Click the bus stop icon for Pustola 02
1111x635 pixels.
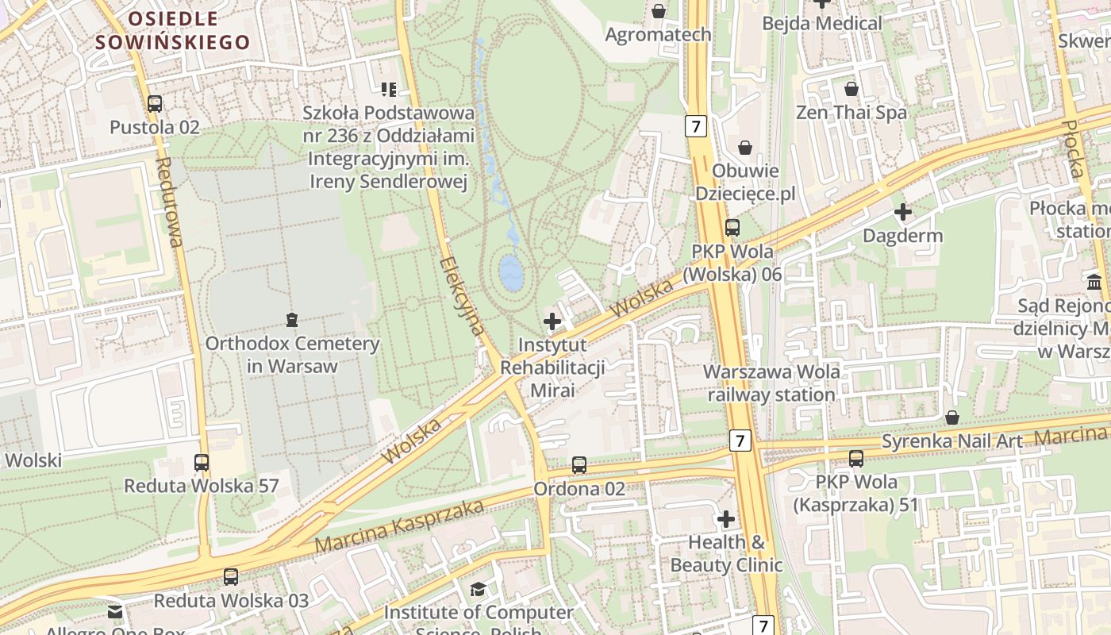click(x=155, y=103)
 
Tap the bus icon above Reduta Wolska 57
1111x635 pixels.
click(x=202, y=462)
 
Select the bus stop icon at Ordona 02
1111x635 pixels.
click(x=579, y=465)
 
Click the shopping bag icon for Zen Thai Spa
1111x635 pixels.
click(x=852, y=88)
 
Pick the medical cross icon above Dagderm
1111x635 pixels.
click(x=902, y=212)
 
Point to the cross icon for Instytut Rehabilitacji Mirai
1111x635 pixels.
click(x=552, y=321)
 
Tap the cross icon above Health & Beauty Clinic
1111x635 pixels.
click(x=726, y=519)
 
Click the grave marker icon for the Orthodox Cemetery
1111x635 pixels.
click(x=292, y=320)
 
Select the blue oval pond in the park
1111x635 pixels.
click(x=512, y=272)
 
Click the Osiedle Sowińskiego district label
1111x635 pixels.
click(x=173, y=30)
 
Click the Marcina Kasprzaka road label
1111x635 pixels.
click(x=399, y=526)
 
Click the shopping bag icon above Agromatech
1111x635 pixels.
click(x=658, y=10)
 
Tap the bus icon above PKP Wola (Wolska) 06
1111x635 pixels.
click(x=732, y=228)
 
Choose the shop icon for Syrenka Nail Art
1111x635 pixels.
click(x=952, y=418)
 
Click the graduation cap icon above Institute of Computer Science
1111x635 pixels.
click(x=478, y=589)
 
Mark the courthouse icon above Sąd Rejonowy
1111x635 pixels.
click(x=1095, y=282)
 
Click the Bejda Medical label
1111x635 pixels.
click(x=821, y=23)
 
